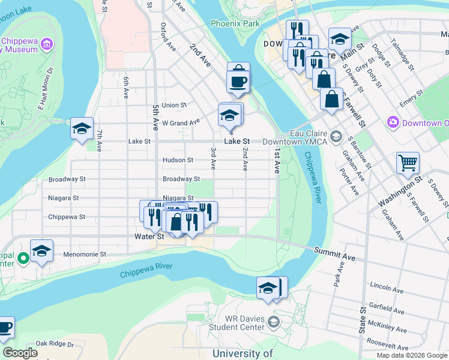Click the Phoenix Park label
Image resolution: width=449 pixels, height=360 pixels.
click(235, 24)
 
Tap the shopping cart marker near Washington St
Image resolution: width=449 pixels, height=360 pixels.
click(408, 163)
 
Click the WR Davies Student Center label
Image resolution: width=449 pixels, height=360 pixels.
click(237, 323)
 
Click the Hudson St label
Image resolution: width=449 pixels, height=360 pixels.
click(178, 160)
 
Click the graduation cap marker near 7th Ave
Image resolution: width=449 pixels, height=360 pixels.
click(82, 128)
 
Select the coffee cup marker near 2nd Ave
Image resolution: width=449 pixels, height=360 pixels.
click(238, 82)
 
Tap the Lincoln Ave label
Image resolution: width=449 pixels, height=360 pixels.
click(387, 285)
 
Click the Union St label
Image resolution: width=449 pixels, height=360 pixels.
click(174, 105)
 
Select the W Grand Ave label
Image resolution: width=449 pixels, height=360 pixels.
click(181, 123)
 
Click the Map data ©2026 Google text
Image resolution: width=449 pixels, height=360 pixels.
click(411, 355)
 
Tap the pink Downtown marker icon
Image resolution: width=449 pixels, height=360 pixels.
click(393, 122)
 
